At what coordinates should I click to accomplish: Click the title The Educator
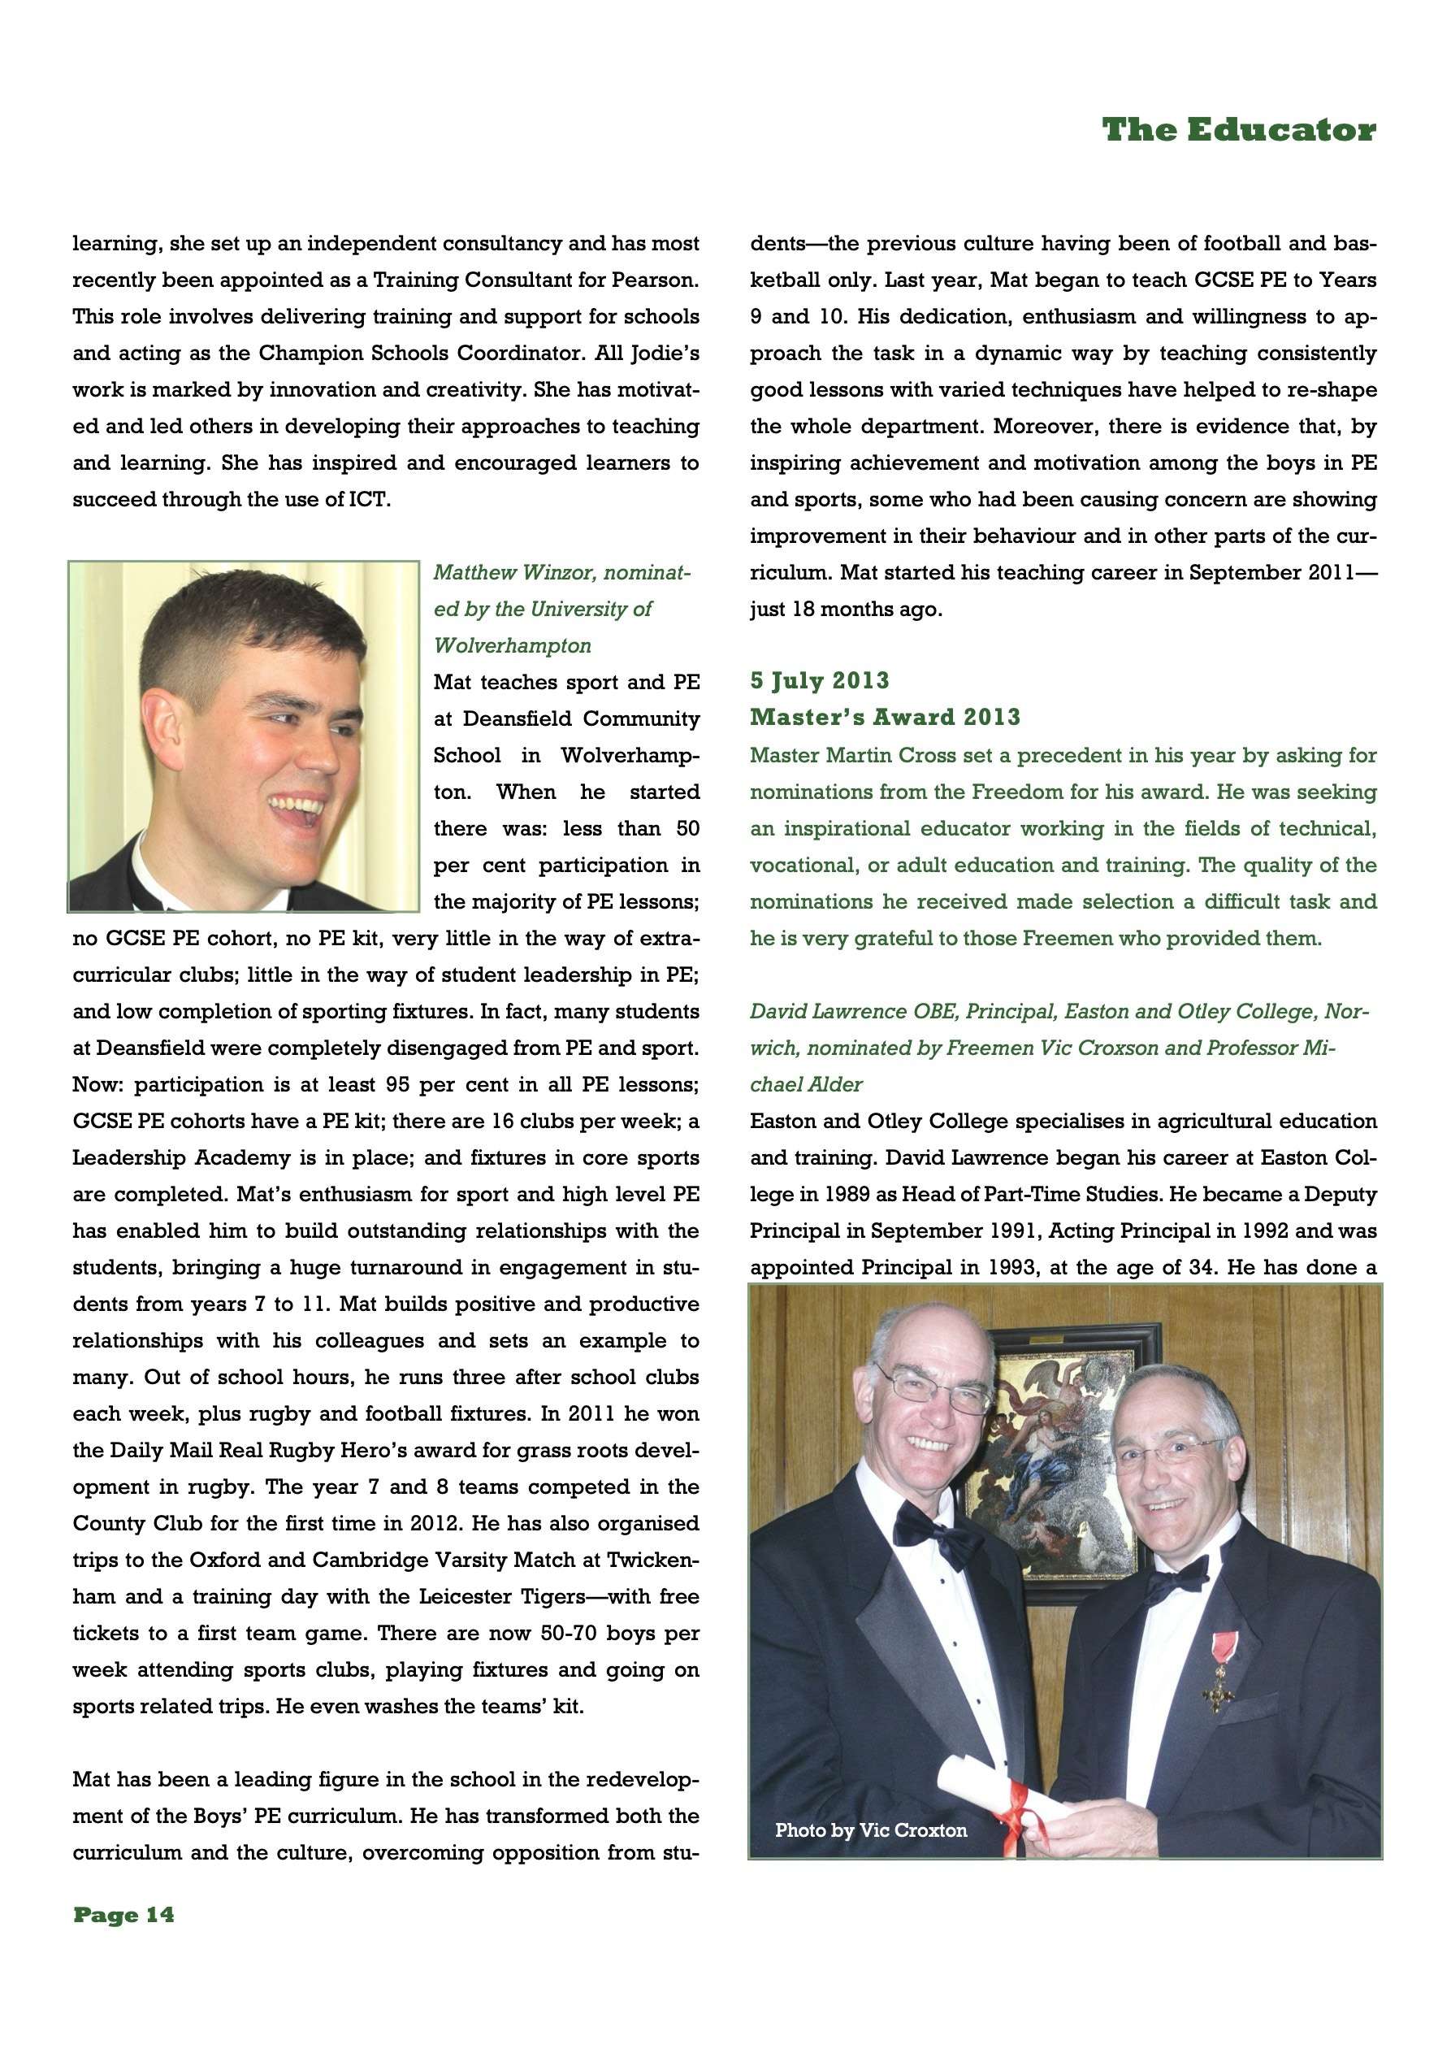pyautogui.click(x=1238, y=131)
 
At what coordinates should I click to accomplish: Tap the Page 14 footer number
pyautogui.click(x=123, y=1914)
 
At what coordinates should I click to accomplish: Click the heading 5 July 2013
pyautogui.click(x=819, y=680)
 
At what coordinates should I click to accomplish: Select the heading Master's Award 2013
pyautogui.click(x=884, y=717)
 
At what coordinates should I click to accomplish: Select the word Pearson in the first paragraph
pyautogui.click(x=652, y=280)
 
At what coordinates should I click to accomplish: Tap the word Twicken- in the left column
pyautogui.click(x=652, y=1560)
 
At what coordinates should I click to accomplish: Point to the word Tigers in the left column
pyautogui.click(x=541, y=1597)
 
